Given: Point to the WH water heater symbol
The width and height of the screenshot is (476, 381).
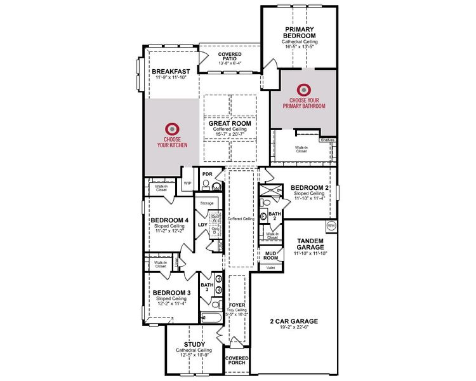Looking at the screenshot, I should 331,225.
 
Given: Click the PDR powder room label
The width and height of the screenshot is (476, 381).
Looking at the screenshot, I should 206,173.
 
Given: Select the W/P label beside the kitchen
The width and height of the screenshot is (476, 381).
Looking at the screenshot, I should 187,184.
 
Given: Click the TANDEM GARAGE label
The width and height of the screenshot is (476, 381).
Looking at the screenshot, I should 310,244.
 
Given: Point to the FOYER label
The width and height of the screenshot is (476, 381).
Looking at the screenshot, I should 237,304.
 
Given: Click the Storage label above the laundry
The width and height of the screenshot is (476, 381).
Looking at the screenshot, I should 207,203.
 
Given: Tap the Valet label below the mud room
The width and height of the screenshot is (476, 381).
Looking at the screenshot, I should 269,268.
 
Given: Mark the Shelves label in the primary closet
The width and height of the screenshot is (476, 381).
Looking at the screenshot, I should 327,140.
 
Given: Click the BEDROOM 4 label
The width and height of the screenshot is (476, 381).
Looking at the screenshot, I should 169,220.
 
